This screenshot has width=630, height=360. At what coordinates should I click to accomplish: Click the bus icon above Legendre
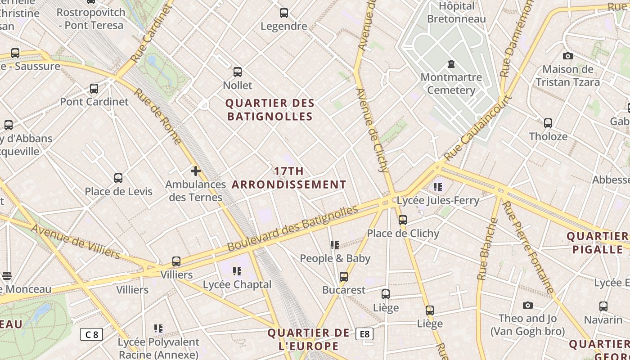[x=284, y=13]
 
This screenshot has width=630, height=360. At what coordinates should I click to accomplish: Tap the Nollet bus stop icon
[x=238, y=72]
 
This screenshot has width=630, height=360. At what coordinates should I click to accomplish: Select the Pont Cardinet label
[x=94, y=102]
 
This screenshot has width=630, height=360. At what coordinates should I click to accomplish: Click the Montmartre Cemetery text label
[x=451, y=84]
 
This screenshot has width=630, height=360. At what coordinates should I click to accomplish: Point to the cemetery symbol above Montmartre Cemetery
[x=451, y=64]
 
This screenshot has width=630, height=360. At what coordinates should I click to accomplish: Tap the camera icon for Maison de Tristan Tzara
[x=568, y=56]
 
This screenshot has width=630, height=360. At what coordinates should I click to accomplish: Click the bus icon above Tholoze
[x=548, y=123]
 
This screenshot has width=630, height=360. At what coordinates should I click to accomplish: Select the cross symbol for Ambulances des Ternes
[x=196, y=171]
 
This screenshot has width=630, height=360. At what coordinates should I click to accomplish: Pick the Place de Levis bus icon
[x=118, y=178]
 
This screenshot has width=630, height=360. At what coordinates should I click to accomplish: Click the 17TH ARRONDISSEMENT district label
[x=289, y=178]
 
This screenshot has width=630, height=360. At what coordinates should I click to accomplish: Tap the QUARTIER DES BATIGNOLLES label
[x=270, y=110]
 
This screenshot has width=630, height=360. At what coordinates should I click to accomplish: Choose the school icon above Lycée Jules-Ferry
[x=438, y=187]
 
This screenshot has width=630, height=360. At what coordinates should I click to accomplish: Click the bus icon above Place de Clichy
[x=403, y=220]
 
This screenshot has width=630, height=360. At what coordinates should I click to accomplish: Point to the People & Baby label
[x=335, y=258]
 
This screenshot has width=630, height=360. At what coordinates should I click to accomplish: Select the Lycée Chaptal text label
[x=237, y=284]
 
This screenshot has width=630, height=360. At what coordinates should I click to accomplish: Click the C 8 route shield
[x=92, y=334]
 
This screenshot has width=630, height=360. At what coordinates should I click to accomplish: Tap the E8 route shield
[x=364, y=334]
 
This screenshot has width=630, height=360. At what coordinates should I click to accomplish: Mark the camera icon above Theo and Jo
[x=528, y=306]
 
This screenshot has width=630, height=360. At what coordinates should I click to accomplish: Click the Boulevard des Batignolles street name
[x=292, y=229]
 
